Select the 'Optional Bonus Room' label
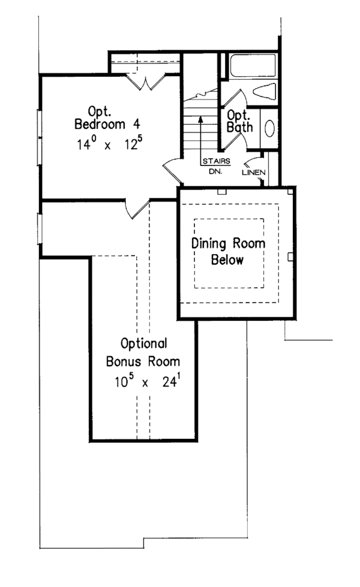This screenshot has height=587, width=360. click(x=143, y=353)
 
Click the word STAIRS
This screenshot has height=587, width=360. click(x=214, y=161)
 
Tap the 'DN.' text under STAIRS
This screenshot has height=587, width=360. click(x=214, y=170)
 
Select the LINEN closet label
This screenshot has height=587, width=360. click(x=251, y=172)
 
